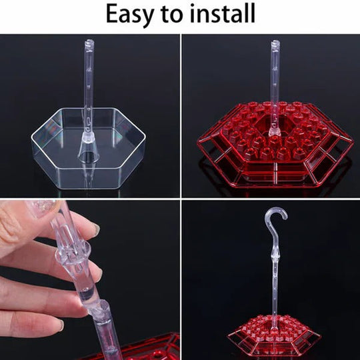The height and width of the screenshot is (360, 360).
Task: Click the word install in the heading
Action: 221,15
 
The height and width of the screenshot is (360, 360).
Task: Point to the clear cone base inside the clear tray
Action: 88,152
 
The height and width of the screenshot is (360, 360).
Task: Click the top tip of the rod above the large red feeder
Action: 274,43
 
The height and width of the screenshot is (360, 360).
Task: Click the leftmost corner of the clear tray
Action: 32,139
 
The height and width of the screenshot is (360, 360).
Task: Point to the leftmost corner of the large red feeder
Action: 198,141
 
